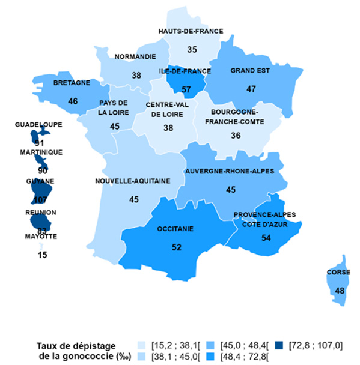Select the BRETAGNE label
click(72, 82)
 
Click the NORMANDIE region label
click(136, 57)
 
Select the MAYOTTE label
click(41, 237)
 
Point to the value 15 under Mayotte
click(41, 255)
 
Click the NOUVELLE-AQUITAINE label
click(133, 181)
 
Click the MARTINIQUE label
click(40, 152)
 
